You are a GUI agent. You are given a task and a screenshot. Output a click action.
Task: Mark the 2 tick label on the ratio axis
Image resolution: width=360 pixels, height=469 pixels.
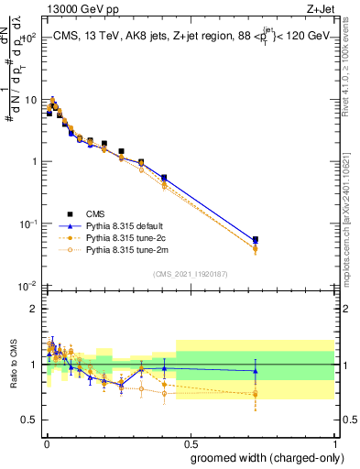point(35,309)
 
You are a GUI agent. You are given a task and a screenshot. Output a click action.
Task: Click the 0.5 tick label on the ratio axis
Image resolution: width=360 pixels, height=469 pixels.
point(31,421)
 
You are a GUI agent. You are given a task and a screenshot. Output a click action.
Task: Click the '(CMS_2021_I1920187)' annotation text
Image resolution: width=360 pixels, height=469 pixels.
point(190,273)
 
